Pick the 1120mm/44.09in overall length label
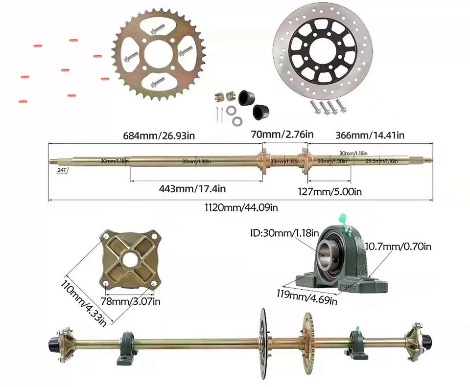(x=241, y=207)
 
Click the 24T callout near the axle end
(x=62, y=169)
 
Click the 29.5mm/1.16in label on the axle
(x=382, y=160)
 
